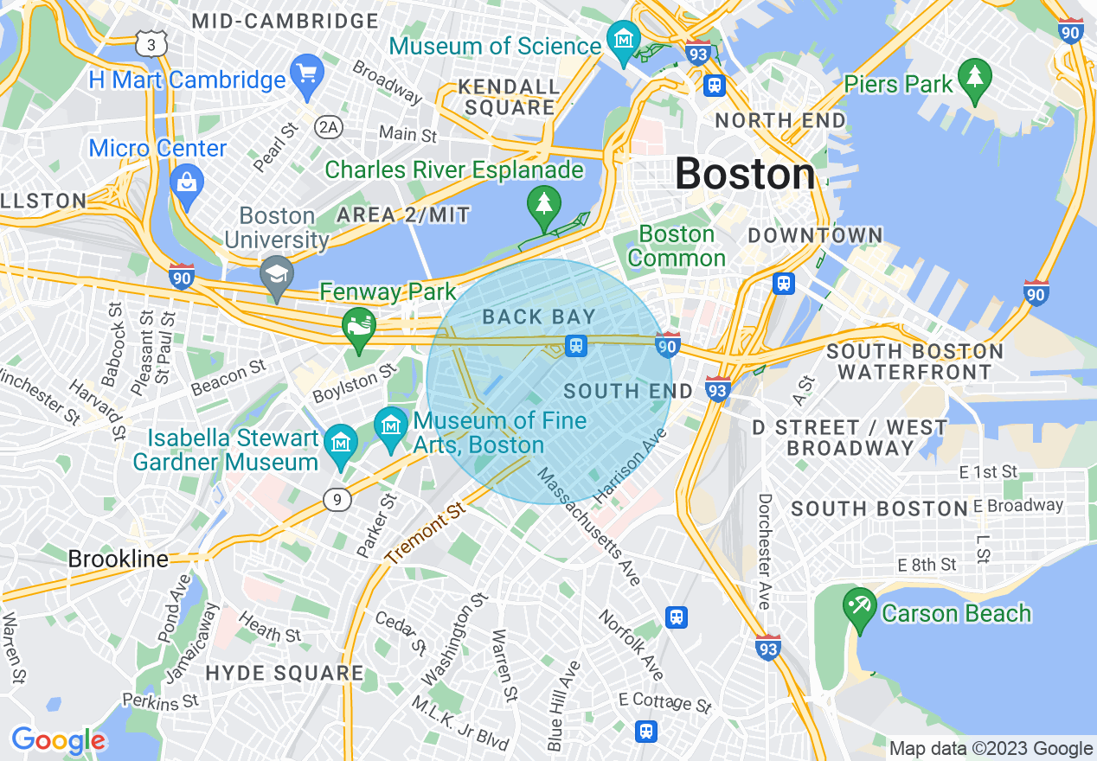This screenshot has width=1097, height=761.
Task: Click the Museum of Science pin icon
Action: (x=623, y=39)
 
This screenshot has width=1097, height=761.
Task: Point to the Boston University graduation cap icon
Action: (x=277, y=275)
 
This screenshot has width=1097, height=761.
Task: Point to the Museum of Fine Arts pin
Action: (x=392, y=426)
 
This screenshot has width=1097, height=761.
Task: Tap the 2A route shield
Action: (x=328, y=128)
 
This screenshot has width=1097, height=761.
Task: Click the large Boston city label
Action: (x=745, y=174)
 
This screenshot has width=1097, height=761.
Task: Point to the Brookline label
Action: (x=119, y=559)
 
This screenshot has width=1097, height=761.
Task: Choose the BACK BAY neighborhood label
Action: (x=539, y=317)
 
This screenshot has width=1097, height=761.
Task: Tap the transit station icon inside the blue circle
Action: (x=576, y=346)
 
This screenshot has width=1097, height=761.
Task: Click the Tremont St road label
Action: (x=426, y=535)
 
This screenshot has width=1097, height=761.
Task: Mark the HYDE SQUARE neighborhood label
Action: (x=285, y=672)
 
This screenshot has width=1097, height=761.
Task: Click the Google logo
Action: (x=58, y=740)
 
